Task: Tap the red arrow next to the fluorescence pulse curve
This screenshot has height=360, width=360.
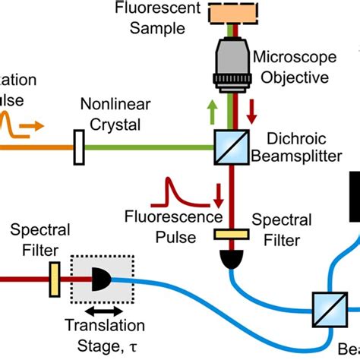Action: [219, 194]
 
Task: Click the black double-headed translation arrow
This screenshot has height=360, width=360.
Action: [102, 311]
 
